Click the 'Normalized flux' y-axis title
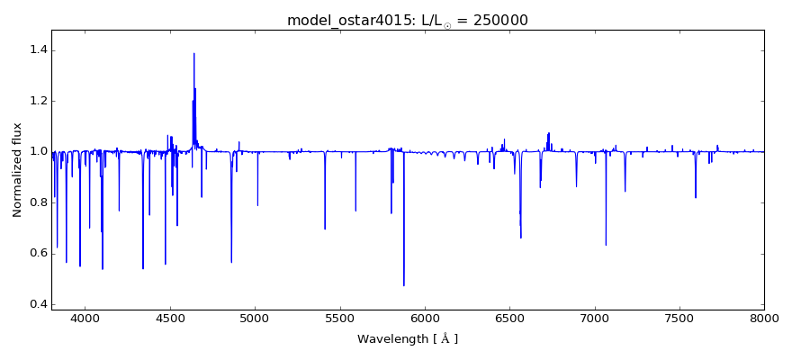(x=17, y=170)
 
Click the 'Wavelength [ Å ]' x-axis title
(x=408, y=339)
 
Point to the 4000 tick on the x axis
(x=85, y=318)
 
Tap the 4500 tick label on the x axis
(x=170, y=318)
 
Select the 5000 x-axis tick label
(x=255, y=318)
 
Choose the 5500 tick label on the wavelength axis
(x=340, y=318)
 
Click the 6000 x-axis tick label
(x=425, y=318)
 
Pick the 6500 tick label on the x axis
(x=509, y=318)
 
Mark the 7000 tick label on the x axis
(x=595, y=318)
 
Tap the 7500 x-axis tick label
(x=679, y=318)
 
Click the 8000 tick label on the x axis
(x=764, y=318)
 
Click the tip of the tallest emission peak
(x=193, y=53)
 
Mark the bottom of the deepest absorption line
(x=403, y=285)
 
